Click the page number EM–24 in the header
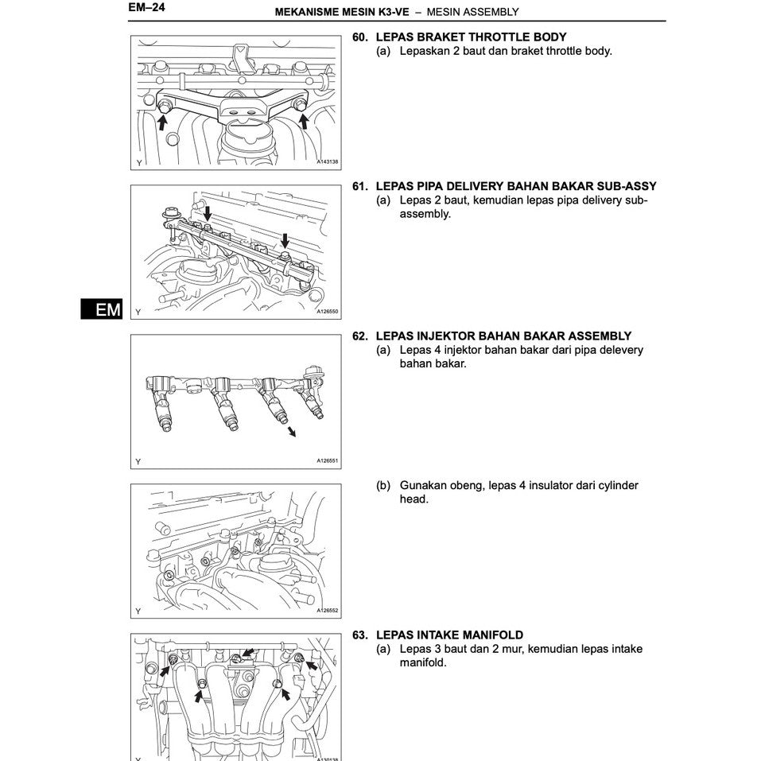click(146, 10)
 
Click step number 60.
click(360, 37)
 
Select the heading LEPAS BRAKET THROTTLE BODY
click(471, 37)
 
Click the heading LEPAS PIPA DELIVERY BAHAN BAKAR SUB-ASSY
click(516, 187)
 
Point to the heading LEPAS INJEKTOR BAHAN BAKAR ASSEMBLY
click(503, 336)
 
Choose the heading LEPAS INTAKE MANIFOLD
click(449, 635)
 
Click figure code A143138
click(327, 162)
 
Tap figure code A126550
click(327, 312)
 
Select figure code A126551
click(327, 460)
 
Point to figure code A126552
click(327, 611)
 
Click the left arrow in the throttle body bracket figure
click(162, 121)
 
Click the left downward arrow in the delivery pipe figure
click(208, 213)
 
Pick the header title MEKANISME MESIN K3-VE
click(341, 12)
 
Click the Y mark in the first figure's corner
click(139, 162)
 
